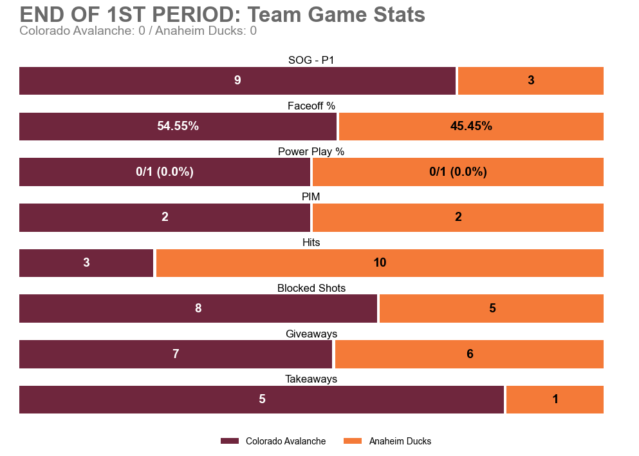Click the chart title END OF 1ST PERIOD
click(x=222, y=15)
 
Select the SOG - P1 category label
click(x=311, y=60)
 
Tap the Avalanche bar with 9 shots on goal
click(x=237, y=81)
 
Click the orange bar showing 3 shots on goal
click(x=530, y=81)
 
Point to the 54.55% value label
click(x=178, y=126)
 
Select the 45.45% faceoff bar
click(x=471, y=126)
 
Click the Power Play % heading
click(x=311, y=151)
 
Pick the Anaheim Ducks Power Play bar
click(x=458, y=172)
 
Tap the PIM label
click(x=311, y=196)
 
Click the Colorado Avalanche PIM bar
click(x=165, y=217)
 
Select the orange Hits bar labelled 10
click(x=380, y=263)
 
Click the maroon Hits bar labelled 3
click(x=86, y=263)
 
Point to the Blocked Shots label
click(x=311, y=288)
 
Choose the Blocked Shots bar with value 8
click(x=198, y=309)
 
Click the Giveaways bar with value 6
click(x=469, y=354)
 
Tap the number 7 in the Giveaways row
click(x=175, y=354)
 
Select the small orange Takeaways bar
click(x=555, y=399)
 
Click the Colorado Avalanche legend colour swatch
click(x=229, y=441)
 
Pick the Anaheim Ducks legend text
click(x=400, y=441)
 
